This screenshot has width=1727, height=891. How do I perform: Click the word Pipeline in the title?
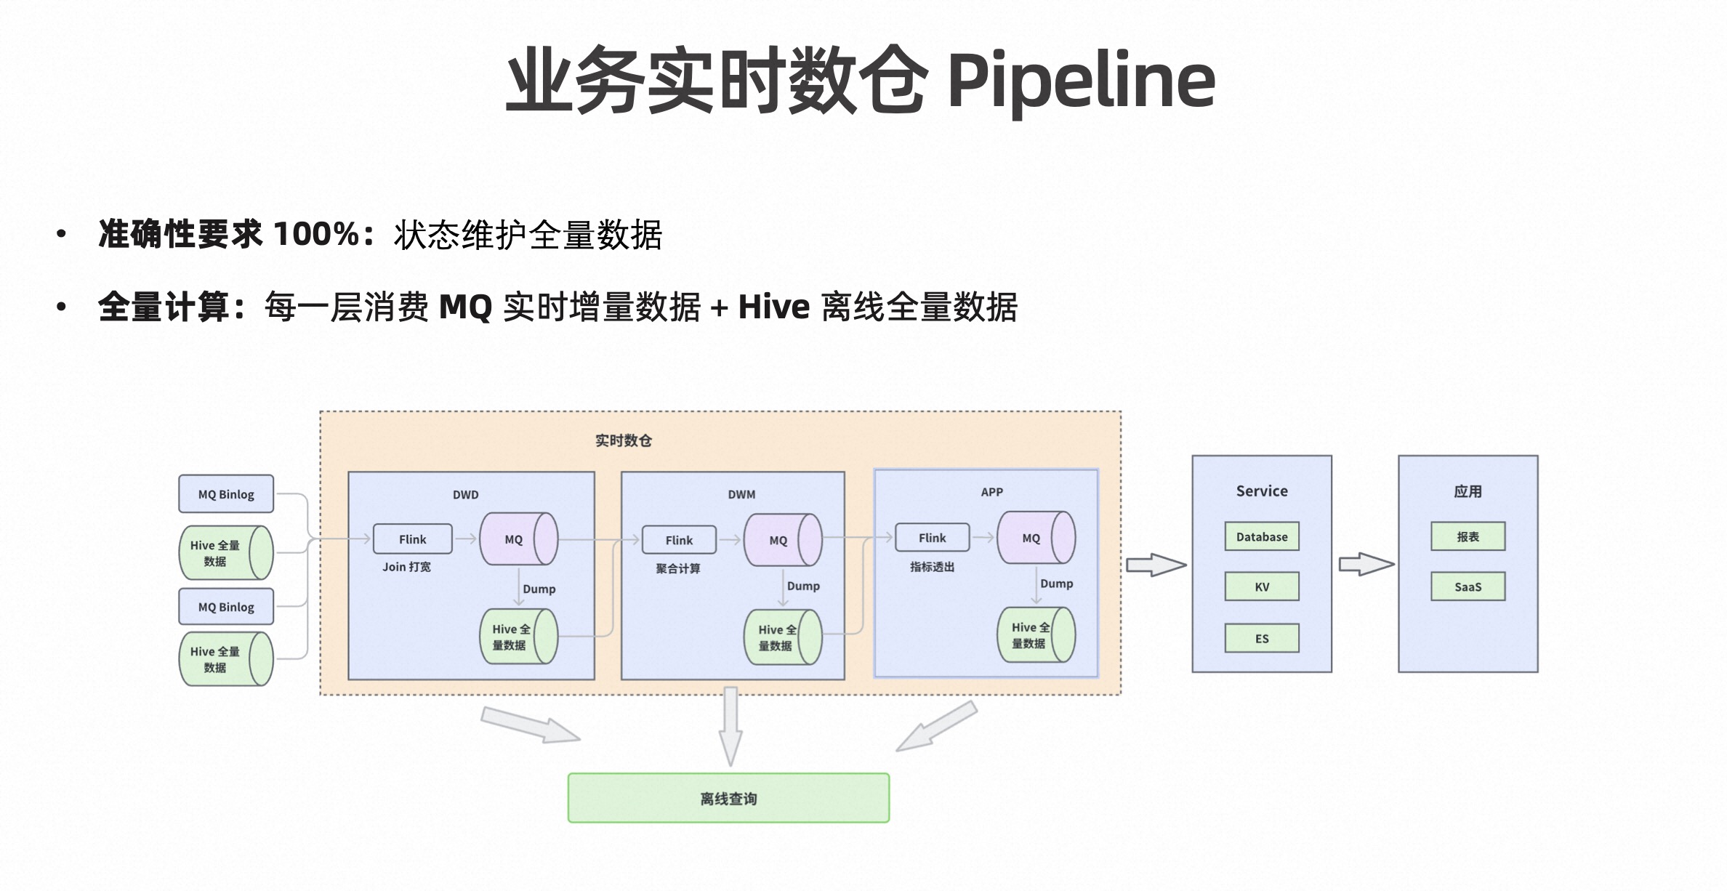[1081, 80]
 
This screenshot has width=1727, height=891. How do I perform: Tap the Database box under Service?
[1261, 536]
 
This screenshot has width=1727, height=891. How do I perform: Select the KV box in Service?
[1261, 586]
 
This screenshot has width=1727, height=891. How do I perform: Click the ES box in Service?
[1261, 638]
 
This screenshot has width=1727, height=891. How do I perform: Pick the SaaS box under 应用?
[1468, 586]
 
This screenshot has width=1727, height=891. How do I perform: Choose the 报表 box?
[1468, 536]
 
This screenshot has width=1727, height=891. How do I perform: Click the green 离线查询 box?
[728, 798]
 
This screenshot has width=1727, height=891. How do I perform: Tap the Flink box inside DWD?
[412, 539]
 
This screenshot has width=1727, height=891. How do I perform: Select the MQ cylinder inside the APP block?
[1035, 538]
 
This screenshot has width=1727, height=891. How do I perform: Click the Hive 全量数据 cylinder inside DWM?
[782, 637]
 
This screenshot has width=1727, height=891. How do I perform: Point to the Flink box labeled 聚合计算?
[679, 540]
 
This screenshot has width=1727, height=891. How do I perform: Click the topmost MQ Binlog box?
[226, 494]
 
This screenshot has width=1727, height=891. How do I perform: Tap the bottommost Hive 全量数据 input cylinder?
[225, 659]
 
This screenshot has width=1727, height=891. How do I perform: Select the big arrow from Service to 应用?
[1366, 564]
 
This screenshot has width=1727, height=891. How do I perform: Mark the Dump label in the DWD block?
[539, 589]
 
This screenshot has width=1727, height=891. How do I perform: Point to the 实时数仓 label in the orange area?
[623, 440]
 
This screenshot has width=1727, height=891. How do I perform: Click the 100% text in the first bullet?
[316, 234]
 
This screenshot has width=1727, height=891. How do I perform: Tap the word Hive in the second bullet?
[773, 307]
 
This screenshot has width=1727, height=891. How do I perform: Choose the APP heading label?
[991, 492]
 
